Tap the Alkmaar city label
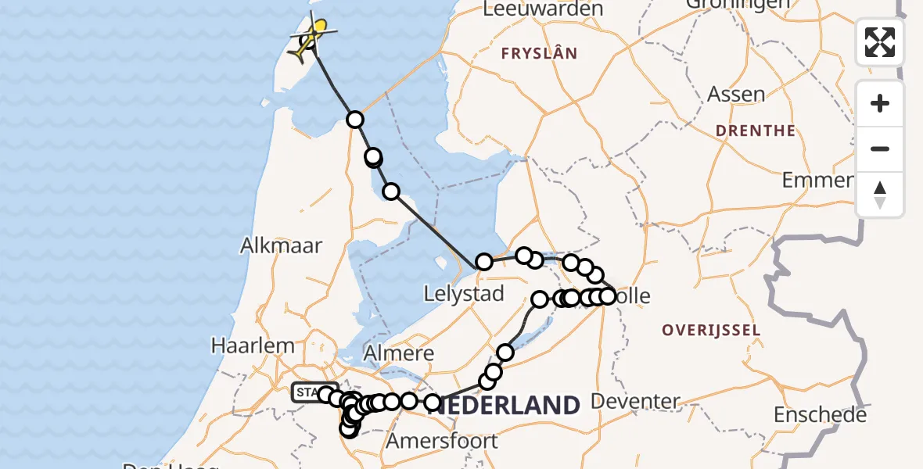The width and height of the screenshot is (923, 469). point(281,245)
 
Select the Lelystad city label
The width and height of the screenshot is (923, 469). point(463,295)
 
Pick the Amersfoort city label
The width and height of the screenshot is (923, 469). point(443,440)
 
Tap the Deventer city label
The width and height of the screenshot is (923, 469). point(634,402)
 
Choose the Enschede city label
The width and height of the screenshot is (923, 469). point(820,414)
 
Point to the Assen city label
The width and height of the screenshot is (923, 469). point(736,95)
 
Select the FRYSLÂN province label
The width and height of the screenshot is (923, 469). point(539,54)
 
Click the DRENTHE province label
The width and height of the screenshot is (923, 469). point(756,131)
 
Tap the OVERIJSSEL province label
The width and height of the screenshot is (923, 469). point(710,330)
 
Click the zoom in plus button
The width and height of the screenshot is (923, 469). point(880,103)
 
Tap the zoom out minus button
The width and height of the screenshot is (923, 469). point(880,149)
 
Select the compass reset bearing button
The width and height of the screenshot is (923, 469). point(880,195)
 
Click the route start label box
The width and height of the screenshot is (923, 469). point(306,392)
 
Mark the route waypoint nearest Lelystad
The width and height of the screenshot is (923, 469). point(484,262)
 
